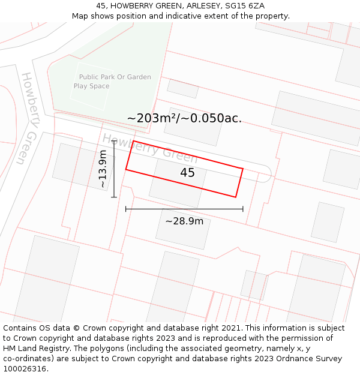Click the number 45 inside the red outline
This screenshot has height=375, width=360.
click(x=188, y=173)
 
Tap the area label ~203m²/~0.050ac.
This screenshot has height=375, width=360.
click(x=184, y=118)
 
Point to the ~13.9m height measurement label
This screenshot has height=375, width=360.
click(x=103, y=169)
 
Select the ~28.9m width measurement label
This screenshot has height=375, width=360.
click(x=184, y=221)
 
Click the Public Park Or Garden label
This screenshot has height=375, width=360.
click(x=115, y=77)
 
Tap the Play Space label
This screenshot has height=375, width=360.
click(x=91, y=86)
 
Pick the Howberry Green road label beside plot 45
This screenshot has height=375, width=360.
click(x=150, y=149)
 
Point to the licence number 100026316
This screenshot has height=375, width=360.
click(x=25, y=369)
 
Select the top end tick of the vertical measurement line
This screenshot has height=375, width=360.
click(x=113, y=142)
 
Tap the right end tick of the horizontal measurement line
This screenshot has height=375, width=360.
click(x=243, y=209)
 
